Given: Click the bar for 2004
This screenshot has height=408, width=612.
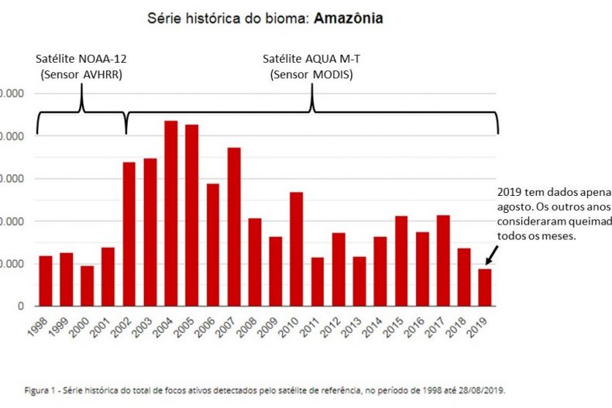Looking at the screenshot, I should (170, 214).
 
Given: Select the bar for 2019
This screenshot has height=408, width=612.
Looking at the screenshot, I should (484, 287).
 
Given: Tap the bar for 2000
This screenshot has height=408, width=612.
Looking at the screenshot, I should (87, 286).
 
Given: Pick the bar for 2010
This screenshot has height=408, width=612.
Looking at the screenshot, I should (296, 249).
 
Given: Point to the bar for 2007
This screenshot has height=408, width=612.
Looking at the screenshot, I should (233, 227).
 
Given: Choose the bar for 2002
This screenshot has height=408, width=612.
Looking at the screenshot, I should (129, 234).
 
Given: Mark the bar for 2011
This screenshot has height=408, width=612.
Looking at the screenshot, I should (317, 282).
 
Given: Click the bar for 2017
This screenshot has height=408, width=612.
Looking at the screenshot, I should (442, 260).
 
